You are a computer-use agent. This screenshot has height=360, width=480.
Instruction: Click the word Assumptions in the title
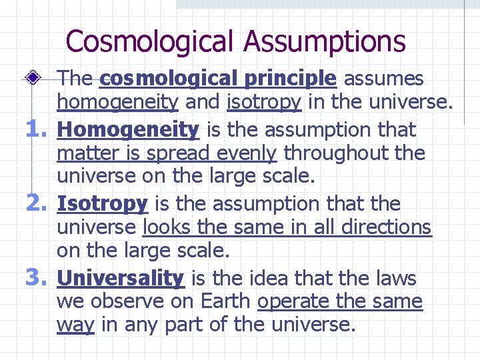pos(324,41)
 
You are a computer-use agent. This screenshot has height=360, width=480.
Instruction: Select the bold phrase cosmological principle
pos(217,79)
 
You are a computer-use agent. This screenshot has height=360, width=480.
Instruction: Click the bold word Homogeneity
pos(128,129)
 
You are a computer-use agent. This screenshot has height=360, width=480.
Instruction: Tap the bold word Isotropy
pos(103,203)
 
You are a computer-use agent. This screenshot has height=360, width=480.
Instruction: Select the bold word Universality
pos(120,277)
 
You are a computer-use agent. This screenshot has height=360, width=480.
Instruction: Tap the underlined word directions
pos(386,227)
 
